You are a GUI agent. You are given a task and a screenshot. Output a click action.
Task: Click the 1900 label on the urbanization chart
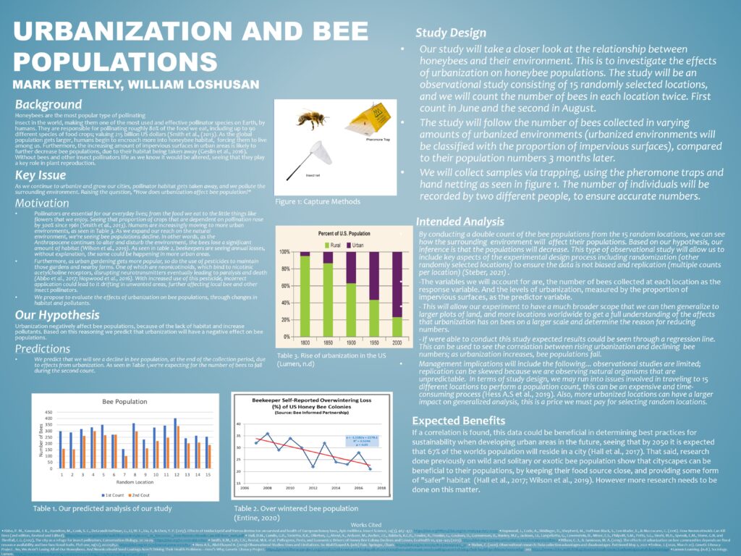point(350,340)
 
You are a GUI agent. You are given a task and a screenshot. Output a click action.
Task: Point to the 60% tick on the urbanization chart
point(285,285)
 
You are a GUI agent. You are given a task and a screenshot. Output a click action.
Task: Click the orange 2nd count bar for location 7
point(127,460)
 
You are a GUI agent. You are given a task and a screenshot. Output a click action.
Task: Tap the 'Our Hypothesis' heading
point(56,316)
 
